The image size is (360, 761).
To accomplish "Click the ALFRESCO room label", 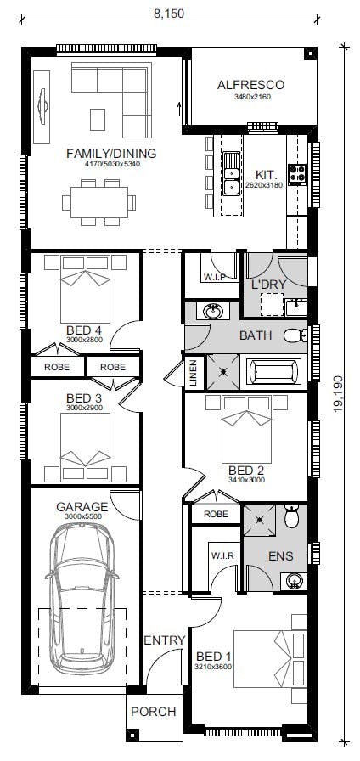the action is coord(250,85).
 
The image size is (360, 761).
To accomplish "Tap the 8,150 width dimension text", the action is coord(169,14).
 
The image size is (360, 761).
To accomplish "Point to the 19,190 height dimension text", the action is coord(338,393).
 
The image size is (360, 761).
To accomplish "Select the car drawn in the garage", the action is coord(82,598).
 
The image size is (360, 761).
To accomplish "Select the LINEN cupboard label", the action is coord(193,373).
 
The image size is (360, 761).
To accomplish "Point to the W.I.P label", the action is coord(214,277).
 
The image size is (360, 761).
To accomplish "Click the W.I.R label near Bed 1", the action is coord(222,556).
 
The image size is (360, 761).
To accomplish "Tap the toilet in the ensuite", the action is coord(291,517).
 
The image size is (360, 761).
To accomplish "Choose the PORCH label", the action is coord(154,712).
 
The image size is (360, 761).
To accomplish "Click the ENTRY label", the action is coord(165,640).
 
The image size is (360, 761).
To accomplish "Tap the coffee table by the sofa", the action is coord(98,120).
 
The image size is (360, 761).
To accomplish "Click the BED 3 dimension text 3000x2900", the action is coord(84,408).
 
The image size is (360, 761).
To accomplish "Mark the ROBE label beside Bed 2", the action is coord(216,514).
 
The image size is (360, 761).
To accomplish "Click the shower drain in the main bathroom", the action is coord(223,372).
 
